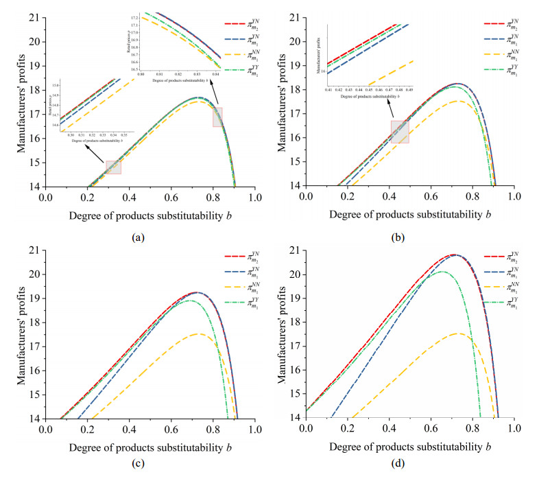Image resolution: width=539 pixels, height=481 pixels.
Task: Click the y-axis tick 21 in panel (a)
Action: (x=33, y=17)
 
